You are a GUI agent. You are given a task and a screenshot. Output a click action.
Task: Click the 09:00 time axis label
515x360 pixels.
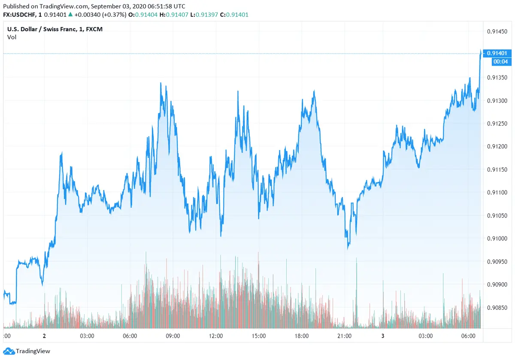pyautogui.click(x=173, y=336)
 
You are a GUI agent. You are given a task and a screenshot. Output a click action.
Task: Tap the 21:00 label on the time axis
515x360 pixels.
pyautogui.click(x=344, y=336)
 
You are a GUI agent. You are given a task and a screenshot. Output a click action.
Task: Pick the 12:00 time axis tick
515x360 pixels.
pyautogui.click(x=215, y=336)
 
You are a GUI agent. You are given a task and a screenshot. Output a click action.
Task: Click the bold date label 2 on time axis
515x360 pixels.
pyautogui.click(x=44, y=336)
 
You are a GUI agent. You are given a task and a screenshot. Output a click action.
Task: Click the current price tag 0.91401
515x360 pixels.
pyautogui.click(x=497, y=53)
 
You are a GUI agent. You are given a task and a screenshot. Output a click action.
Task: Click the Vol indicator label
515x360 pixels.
pyautogui.click(x=12, y=37)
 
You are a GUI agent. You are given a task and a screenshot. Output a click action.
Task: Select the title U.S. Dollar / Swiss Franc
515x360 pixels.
pyautogui.click(x=42, y=29)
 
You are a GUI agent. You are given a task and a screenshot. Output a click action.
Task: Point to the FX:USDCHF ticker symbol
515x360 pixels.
pyautogui.click(x=20, y=15)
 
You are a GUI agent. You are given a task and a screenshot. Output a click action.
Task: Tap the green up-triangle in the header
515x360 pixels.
pyautogui.click(x=70, y=15)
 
